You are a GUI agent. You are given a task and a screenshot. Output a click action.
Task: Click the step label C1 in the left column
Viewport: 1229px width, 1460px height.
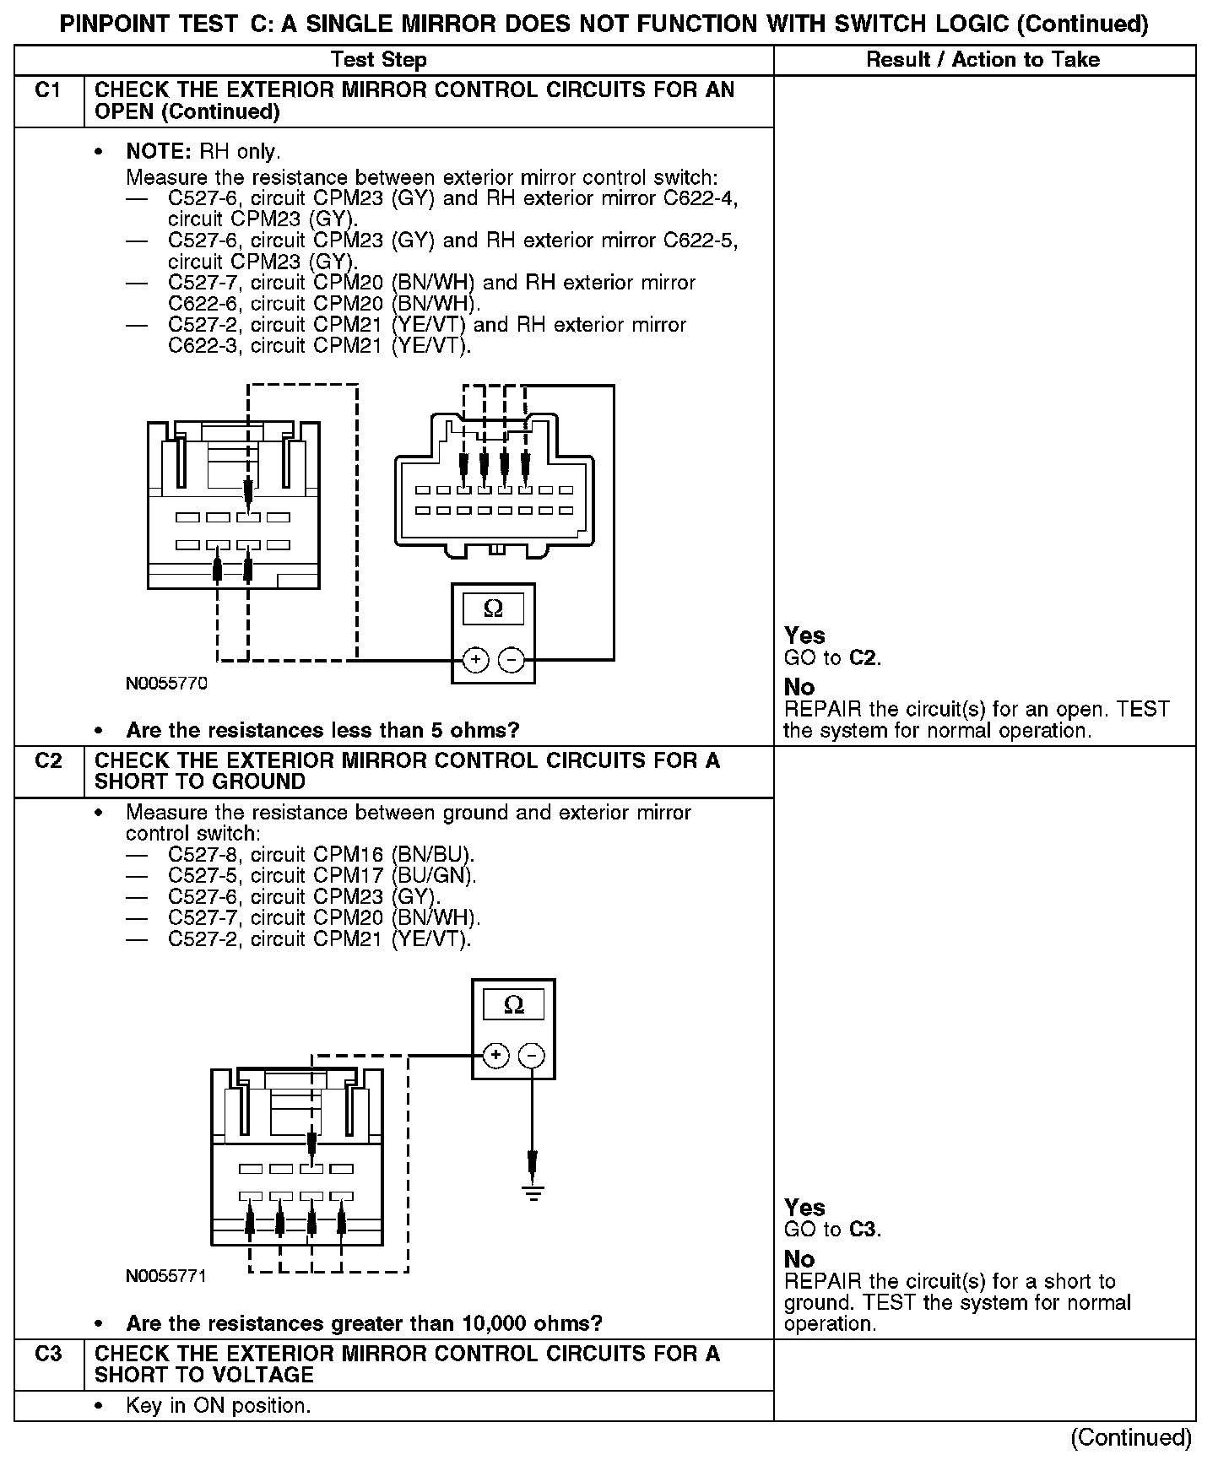(48, 90)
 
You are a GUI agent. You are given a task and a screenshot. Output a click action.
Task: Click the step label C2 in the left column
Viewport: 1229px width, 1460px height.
(48, 761)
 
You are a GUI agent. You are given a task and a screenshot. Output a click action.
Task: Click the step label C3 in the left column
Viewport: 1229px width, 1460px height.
(48, 1355)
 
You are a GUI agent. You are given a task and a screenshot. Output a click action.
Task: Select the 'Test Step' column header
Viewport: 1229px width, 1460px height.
(378, 60)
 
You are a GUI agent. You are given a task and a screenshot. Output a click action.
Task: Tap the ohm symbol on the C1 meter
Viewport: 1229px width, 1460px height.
(493, 608)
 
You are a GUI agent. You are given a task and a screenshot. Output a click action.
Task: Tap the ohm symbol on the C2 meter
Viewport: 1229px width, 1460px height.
(513, 1004)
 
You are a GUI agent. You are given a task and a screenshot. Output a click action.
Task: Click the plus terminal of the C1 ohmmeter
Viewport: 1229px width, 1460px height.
(475, 659)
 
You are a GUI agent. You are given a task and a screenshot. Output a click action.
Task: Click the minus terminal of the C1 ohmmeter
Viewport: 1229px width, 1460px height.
(511, 659)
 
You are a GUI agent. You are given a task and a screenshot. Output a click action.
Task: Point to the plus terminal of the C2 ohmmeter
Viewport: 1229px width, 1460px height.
(495, 1055)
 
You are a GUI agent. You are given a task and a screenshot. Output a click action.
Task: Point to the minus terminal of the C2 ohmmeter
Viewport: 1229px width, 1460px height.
(531, 1055)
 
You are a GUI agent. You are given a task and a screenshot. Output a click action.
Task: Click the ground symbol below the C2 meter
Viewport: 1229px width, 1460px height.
(533, 1192)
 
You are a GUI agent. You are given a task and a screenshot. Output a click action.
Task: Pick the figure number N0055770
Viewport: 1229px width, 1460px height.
(166, 684)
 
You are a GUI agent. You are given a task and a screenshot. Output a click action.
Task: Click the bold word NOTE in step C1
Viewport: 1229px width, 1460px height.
(160, 152)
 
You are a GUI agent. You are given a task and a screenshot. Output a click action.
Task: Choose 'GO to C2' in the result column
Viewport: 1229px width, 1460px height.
(832, 658)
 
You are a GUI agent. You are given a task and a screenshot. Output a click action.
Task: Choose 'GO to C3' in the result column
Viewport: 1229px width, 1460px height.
(832, 1230)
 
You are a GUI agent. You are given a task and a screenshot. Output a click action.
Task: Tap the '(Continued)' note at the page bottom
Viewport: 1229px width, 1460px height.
(1130, 1437)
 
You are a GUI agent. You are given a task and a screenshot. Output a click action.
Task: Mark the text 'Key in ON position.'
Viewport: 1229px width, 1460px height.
(218, 1406)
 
